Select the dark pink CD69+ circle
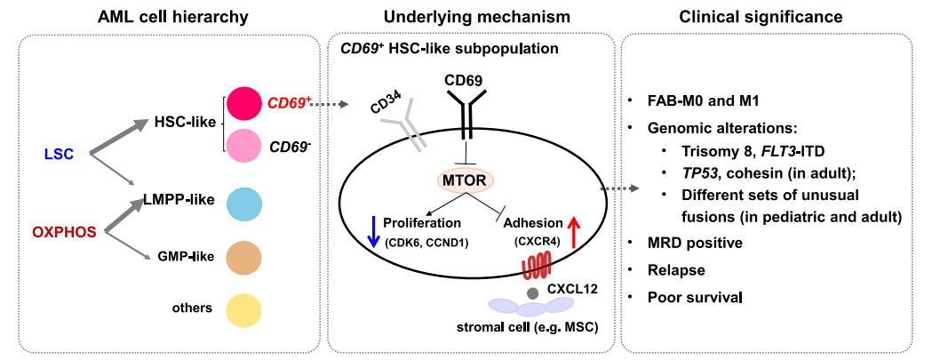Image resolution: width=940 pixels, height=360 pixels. coord(243,103)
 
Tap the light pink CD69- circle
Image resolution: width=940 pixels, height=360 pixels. coord(243,145)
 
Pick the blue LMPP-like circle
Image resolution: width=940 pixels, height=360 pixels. coord(243,203)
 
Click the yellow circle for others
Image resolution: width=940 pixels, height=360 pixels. coord(243,310)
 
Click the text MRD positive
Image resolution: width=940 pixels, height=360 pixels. coord(695,242)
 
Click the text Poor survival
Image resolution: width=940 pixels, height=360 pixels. coord(694,295)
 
